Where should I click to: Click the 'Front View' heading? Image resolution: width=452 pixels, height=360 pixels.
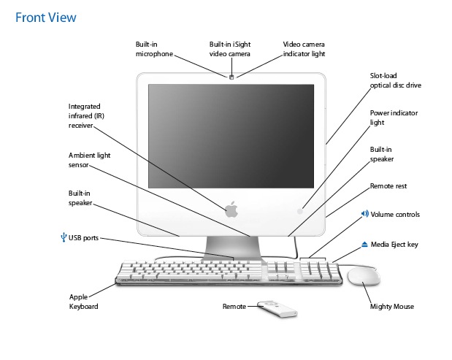tap(45, 16)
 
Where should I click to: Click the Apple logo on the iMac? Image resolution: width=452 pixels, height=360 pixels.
tap(231, 210)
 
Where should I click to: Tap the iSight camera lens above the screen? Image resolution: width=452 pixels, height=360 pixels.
tap(231, 77)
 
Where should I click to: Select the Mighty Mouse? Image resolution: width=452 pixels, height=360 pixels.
tap(363, 277)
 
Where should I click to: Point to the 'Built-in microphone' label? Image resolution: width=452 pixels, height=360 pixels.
tap(155, 49)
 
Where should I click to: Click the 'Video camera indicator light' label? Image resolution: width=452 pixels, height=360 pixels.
tap(304, 49)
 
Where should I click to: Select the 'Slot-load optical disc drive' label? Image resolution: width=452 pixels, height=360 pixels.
tap(395, 80)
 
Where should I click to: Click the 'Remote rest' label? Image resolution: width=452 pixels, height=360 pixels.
tap(388, 186)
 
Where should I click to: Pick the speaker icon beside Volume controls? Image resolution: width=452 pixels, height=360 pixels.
tap(364, 214)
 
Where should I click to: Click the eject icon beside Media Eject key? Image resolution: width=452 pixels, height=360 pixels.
tap(364, 244)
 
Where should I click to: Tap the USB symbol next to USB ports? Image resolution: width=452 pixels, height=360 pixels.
tap(64, 237)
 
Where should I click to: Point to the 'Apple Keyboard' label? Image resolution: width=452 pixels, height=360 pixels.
tap(83, 302)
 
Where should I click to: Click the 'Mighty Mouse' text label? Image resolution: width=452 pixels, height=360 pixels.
tap(393, 307)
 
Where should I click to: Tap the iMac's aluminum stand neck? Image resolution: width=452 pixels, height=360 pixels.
tap(231, 245)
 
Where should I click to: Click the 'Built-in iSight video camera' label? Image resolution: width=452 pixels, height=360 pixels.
tap(229, 49)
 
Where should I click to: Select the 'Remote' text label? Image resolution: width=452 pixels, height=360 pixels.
tap(234, 307)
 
